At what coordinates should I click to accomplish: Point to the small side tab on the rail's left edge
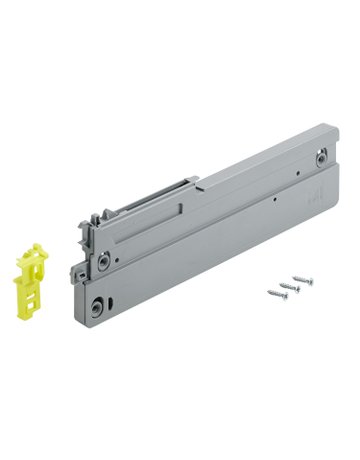(x=78, y=273)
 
